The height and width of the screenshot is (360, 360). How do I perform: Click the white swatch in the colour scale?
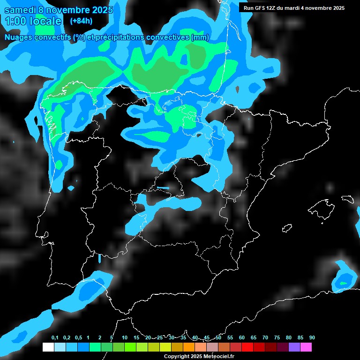[x=48, y=347]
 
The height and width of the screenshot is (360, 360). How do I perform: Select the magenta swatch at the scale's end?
[x=306, y=347]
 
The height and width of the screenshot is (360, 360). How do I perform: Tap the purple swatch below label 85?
[x=294, y=347]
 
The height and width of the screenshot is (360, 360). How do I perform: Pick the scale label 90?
[x=312, y=338]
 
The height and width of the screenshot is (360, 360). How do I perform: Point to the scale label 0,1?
[x=55, y=338]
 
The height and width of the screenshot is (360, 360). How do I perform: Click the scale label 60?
[x=242, y=338]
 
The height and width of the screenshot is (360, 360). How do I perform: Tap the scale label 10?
[x=125, y=338]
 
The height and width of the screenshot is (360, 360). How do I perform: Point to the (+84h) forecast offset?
[x=81, y=21]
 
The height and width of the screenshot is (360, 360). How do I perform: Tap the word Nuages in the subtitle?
[x=19, y=37]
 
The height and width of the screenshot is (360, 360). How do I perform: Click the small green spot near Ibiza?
[x=343, y=283]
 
